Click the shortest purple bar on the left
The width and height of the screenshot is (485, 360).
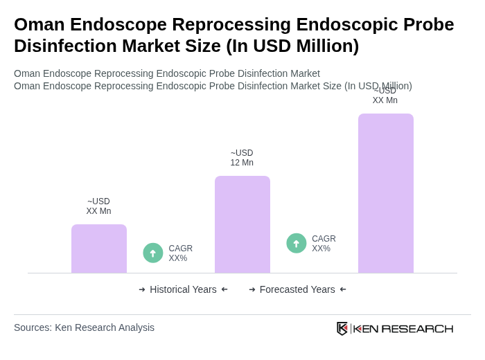tap(99, 249)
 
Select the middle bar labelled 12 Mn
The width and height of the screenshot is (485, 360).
tap(242, 224)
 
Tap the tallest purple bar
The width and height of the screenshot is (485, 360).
tap(386, 193)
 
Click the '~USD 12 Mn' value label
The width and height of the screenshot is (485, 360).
tap(242, 158)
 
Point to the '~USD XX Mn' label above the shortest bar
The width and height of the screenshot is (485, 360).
tap(98, 206)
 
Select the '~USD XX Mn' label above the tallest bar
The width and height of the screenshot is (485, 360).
tap(385, 96)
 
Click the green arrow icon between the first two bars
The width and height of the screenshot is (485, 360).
tap(153, 253)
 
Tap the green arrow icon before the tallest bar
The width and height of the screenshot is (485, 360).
tap(297, 243)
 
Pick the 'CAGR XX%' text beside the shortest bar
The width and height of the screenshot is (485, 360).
tap(180, 253)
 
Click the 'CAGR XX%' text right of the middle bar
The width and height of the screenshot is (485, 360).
tap(324, 244)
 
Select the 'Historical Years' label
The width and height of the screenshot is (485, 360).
tap(183, 289)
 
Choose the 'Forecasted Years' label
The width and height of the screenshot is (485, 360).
tap(297, 289)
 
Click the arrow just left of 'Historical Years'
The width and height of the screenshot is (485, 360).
tap(142, 289)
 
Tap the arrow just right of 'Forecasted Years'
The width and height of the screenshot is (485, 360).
tap(343, 289)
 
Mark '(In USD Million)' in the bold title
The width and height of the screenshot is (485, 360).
tap(292, 46)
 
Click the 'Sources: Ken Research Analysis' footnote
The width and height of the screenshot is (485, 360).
tap(84, 327)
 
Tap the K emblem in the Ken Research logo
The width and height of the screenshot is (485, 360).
tap(342, 328)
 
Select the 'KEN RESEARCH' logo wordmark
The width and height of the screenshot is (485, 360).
tap(403, 328)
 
